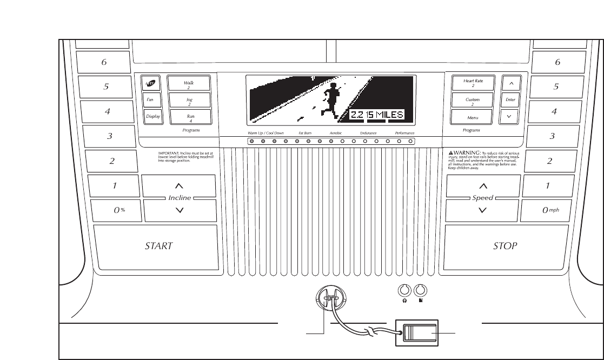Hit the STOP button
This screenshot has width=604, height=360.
506,246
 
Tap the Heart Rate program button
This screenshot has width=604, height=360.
473,83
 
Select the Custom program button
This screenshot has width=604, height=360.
473,100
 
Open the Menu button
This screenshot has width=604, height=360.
473,117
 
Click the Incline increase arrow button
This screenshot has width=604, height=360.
180,186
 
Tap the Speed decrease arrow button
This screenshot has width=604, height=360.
483,211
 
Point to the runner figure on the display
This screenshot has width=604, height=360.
330,99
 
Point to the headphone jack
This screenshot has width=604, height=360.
404,290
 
